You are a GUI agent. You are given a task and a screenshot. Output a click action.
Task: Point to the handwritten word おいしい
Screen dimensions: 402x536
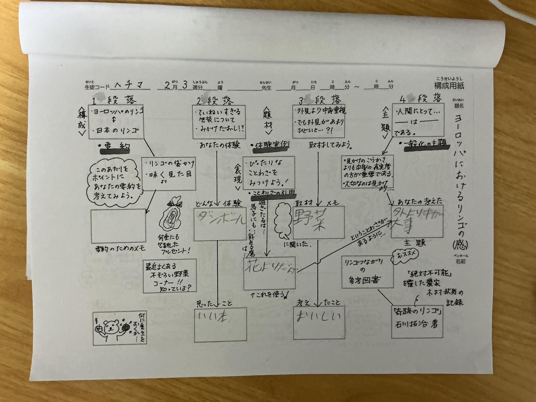[x=319, y=317]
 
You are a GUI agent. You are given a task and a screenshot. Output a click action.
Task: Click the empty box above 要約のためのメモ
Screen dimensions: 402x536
[x=118, y=226]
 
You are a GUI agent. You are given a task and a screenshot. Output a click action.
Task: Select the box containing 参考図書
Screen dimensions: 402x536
[x=367, y=272]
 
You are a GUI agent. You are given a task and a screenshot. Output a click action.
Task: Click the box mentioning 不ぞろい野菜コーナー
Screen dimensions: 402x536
[x=169, y=275]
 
